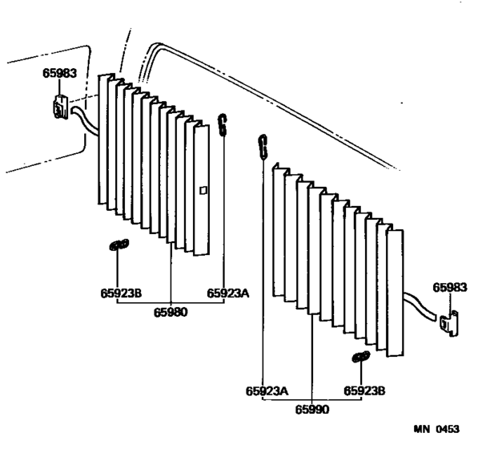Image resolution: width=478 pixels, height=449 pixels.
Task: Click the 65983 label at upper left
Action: pyautogui.click(x=59, y=73)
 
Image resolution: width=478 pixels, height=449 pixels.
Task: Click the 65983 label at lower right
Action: pyautogui.click(x=450, y=288)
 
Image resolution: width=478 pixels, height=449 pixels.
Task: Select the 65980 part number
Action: pyautogui.click(x=171, y=312)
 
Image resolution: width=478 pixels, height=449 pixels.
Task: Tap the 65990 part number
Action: pyautogui.click(x=312, y=410)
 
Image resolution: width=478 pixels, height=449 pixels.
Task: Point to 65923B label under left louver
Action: pyautogui.click(x=121, y=293)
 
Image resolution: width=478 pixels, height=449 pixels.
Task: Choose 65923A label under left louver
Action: pyautogui.click(x=228, y=293)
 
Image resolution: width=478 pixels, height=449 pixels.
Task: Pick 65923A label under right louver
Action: pyautogui.click(x=267, y=391)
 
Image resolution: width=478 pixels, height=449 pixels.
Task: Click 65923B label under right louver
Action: pyautogui.click(x=364, y=390)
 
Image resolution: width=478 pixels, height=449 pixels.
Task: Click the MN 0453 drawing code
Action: pyautogui.click(x=436, y=429)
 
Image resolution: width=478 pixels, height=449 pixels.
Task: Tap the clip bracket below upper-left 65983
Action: pyautogui.click(x=61, y=107)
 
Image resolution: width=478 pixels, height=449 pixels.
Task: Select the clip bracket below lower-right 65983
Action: pyautogui.click(x=450, y=324)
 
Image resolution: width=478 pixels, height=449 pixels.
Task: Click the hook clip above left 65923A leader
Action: pyautogui.click(x=223, y=124)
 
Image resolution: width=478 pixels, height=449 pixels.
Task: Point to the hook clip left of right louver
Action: pyautogui.click(x=263, y=147)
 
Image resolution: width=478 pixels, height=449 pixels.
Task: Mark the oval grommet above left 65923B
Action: pyautogui.click(x=118, y=245)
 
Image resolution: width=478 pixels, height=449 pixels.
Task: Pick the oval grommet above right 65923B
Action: pyautogui.click(x=361, y=357)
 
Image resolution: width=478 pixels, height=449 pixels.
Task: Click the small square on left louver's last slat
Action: pyautogui.click(x=203, y=191)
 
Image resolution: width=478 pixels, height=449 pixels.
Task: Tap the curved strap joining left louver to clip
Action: pyautogui.click(x=85, y=120)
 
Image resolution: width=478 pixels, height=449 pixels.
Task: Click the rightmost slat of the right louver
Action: pyautogui.click(x=395, y=293)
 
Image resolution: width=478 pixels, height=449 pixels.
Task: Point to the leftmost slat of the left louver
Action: pyautogui.click(x=102, y=139)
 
